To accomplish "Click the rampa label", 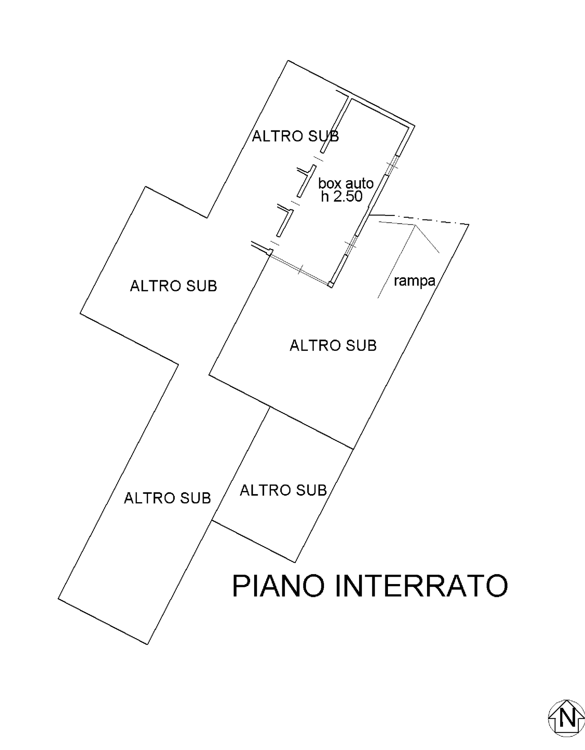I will (x=414, y=281).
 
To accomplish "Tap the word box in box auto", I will (x=330, y=183).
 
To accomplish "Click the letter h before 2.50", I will (x=325, y=196).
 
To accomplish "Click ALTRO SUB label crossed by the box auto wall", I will (x=295, y=136).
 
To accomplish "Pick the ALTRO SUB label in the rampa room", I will (x=333, y=345).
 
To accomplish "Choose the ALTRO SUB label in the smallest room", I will (x=283, y=490).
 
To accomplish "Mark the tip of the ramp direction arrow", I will (x=415, y=226).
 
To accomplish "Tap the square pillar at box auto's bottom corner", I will (x=331, y=284).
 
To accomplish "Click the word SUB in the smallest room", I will (x=311, y=490).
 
